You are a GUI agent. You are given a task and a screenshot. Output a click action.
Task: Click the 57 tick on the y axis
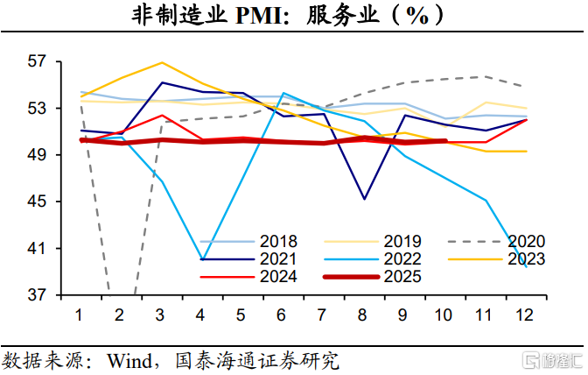tap(39, 62)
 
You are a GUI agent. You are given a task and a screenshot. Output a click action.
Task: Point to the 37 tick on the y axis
tap(39, 295)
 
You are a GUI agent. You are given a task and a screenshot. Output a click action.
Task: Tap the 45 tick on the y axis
tap(39, 202)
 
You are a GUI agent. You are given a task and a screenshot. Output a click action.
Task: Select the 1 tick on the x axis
tap(80, 315)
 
